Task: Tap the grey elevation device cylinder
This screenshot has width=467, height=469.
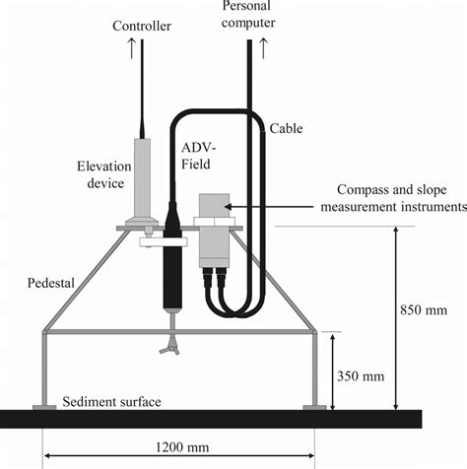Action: pyautogui.click(x=145, y=173)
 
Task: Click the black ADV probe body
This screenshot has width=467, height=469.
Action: pyautogui.click(x=176, y=270)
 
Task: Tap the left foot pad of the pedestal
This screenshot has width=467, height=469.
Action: pyautogui.click(x=43, y=406)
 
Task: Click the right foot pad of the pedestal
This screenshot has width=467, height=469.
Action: pyautogui.click(x=314, y=406)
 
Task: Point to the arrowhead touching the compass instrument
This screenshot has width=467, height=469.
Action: pyautogui.click(x=229, y=206)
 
